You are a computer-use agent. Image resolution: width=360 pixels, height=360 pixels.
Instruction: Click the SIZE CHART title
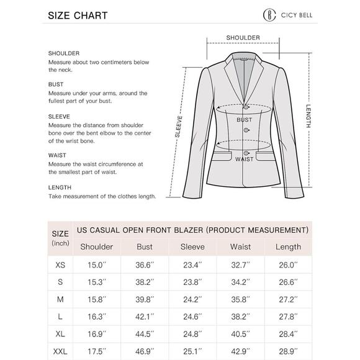point(78,16)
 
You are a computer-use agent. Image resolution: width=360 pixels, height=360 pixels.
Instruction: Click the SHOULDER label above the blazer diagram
point(243,38)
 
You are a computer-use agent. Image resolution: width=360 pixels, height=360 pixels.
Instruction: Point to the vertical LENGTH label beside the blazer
point(308,115)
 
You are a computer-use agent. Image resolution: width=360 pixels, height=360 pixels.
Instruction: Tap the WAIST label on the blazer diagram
point(243,159)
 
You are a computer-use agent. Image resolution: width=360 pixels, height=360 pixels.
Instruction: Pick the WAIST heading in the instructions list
point(57,156)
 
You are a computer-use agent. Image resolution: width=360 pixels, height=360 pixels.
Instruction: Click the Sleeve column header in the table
point(192,246)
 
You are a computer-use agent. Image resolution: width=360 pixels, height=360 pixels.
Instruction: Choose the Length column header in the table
point(288,246)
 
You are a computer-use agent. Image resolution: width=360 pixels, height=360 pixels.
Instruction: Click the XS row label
point(60,264)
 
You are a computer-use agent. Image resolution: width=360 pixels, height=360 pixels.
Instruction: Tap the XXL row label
point(60,351)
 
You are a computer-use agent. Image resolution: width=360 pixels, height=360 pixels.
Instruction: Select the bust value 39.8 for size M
point(145,299)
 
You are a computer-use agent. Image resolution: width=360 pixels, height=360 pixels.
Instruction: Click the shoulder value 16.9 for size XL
point(97,333)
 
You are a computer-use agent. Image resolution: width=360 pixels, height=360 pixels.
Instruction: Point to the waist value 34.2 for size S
point(240,282)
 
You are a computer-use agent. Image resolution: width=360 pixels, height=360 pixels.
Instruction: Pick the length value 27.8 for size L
point(288,317)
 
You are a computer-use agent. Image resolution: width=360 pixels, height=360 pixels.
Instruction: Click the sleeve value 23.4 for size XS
point(192,264)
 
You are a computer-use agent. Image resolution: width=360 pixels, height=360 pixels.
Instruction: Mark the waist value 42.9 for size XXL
point(240,351)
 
